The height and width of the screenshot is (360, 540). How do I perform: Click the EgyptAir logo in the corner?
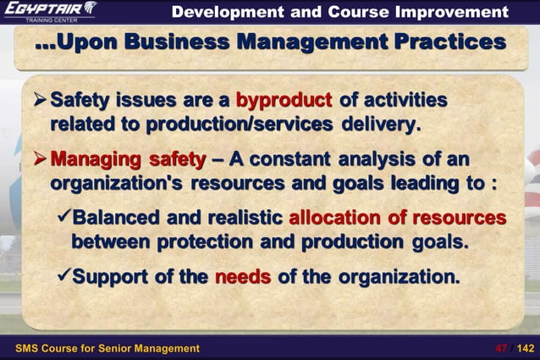click(51, 11)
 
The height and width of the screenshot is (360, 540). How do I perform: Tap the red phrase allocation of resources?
click(397, 218)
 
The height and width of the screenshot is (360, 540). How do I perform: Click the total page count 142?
click(525, 348)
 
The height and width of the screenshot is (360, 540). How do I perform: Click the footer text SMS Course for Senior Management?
click(108, 348)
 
